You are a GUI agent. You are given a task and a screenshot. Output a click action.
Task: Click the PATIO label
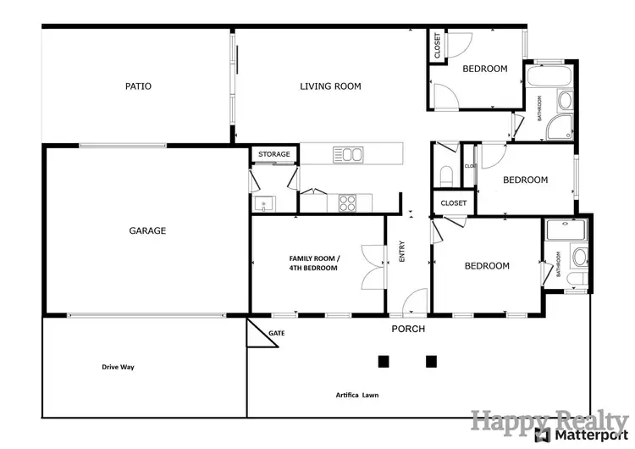[138, 86]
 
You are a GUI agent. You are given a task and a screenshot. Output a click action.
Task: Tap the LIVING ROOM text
[330, 86]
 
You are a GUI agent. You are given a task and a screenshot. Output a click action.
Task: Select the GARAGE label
[147, 230]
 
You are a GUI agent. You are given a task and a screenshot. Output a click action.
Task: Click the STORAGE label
[274, 154]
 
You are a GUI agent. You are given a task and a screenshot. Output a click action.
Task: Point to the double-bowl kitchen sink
[348, 154]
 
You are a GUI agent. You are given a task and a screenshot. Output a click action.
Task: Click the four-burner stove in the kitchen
[348, 202]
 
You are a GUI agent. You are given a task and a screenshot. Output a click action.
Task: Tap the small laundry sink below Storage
[262, 203]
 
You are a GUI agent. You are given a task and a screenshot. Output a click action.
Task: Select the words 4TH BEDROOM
[313, 269]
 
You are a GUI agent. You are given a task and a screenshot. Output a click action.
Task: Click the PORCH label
[407, 329]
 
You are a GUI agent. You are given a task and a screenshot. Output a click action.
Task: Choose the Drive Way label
[118, 368]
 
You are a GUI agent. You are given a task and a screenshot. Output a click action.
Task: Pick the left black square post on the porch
[384, 361]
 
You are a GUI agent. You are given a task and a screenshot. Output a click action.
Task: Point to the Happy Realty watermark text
[550, 419]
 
